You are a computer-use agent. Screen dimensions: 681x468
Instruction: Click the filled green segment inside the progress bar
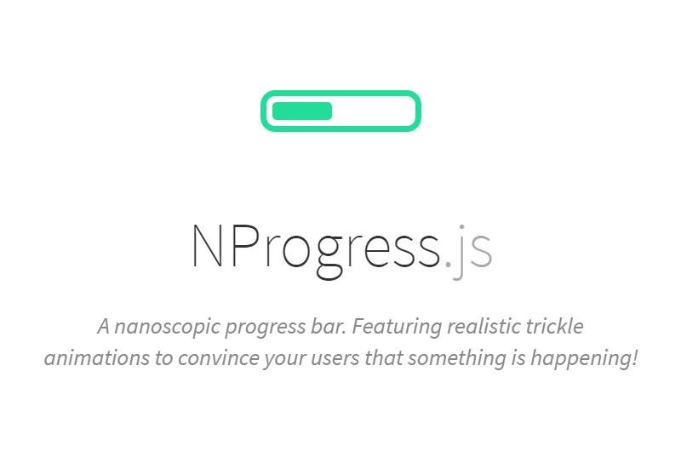pyautogui.click(x=302, y=111)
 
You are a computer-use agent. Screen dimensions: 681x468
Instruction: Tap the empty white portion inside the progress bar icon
pyautogui.click(x=374, y=111)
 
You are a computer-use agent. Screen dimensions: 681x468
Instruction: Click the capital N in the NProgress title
pyautogui.click(x=208, y=245)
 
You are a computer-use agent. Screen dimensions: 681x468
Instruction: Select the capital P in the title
pyautogui.click(x=245, y=245)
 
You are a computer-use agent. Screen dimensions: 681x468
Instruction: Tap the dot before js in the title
pyautogui.click(x=448, y=263)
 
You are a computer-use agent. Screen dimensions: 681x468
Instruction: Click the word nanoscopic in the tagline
pyautogui.click(x=167, y=327)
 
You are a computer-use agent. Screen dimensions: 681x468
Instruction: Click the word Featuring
pyautogui.click(x=397, y=327)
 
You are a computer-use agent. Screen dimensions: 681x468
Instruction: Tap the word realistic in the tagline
pyautogui.click(x=484, y=326)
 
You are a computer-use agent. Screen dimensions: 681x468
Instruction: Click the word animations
pyautogui.click(x=97, y=358)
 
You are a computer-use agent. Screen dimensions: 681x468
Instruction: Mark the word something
pyautogui.click(x=457, y=359)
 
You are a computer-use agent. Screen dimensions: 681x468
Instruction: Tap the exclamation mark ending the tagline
pyautogui.click(x=633, y=357)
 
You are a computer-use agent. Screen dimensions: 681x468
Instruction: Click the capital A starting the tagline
pyautogui.click(x=103, y=327)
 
